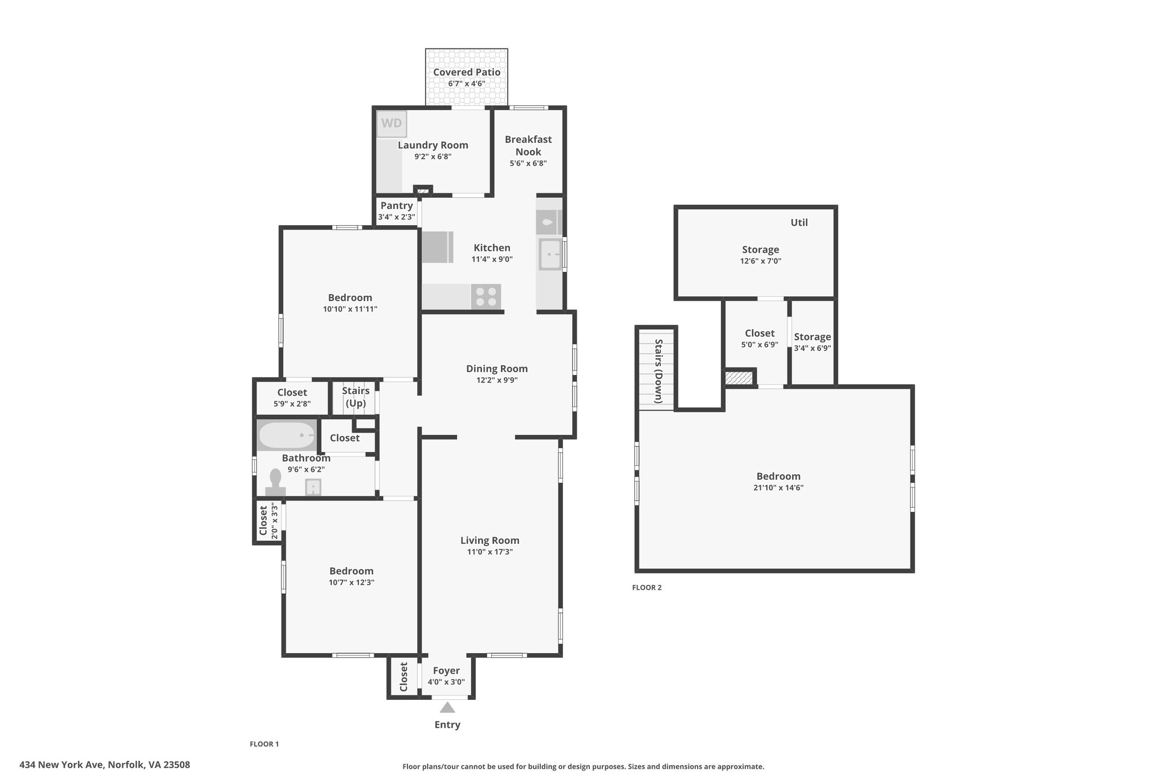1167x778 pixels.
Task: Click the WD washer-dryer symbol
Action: (x=391, y=124)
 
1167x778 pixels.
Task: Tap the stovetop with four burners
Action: (x=486, y=297)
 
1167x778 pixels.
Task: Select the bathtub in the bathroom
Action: (x=287, y=435)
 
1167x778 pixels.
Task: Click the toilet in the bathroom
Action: (x=276, y=482)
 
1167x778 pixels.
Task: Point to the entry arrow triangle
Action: (x=447, y=708)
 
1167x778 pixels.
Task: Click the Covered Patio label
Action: (x=467, y=72)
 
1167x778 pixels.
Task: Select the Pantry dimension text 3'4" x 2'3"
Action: (x=397, y=217)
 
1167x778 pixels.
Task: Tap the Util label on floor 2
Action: (x=799, y=222)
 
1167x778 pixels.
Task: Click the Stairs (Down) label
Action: (x=658, y=371)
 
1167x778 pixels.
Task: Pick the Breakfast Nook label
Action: (x=528, y=145)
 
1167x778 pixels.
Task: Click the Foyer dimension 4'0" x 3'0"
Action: (x=446, y=682)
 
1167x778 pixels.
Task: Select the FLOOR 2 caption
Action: (x=647, y=588)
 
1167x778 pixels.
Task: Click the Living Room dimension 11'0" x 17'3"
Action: (x=489, y=552)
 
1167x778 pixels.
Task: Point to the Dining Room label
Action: (x=497, y=369)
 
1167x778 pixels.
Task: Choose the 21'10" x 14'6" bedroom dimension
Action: (x=778, y=488)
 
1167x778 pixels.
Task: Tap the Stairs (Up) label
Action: (x=356, y=397)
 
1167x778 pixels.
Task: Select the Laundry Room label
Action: (x=433, y=145)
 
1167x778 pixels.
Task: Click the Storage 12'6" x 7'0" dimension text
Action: (x=760, y=261)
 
